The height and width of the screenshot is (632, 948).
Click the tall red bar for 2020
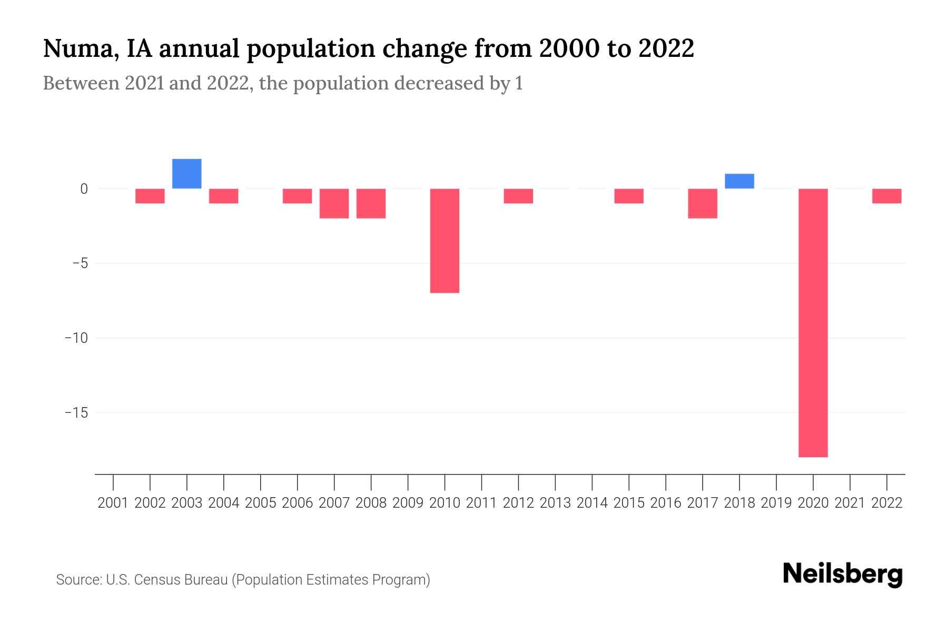tap(813, 322)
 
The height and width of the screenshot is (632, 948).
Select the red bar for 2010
tap(445, 240)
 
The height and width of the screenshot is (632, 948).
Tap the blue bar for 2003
tap(187, 173)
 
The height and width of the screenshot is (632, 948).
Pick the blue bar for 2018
tap(739, 181)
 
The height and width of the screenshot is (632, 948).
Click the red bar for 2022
tap(887, 196)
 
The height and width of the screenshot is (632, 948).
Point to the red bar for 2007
tap(334, 203)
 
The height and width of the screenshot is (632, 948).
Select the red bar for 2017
tap(703, 203)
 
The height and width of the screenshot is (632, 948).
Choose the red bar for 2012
tap(518, 196)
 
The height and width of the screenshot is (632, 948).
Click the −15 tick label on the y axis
tap(76, 412)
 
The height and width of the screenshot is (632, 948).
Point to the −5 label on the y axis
tap(80, 263)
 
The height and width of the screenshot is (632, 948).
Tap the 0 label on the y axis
tap(84, 189)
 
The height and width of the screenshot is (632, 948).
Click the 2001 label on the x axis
tap(113, 503)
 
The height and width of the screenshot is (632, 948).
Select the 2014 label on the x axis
tap(592, 503)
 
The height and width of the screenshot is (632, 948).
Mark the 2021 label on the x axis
tap(850, 503)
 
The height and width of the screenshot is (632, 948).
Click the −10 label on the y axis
tap(76, 338)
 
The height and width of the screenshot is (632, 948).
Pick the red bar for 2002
tap(150, 196)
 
